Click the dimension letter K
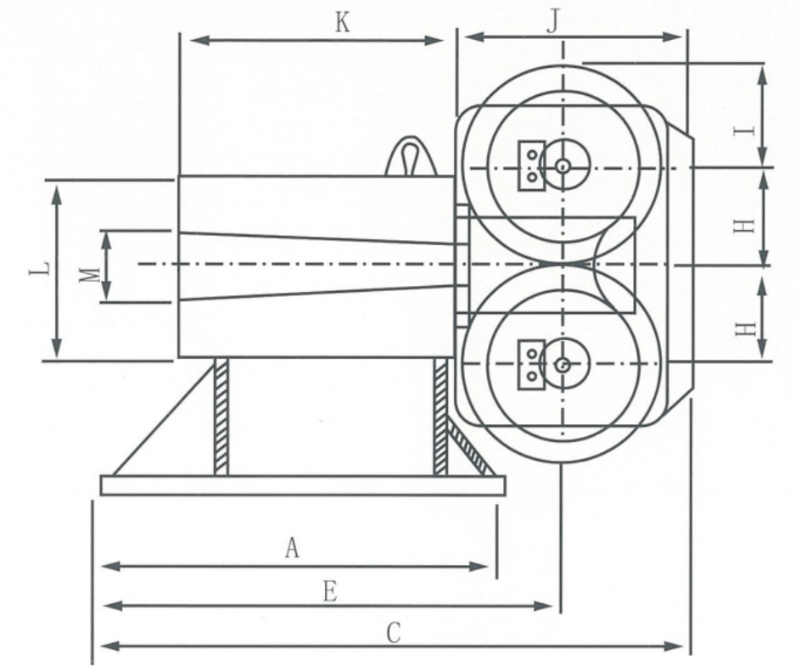point(342,23)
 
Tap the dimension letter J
point(552,21)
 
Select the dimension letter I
point(744,131)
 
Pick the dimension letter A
point(292,547)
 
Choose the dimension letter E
point(331,592)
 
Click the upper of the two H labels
point(744,225)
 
